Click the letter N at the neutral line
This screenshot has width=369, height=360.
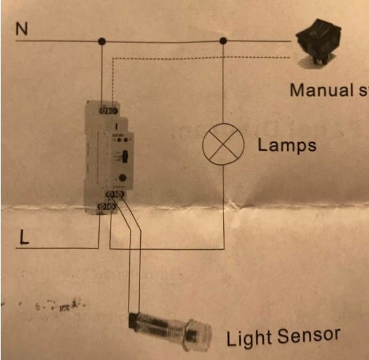click(x=22, y=28)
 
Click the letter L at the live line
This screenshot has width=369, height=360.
click(x=23, y=238)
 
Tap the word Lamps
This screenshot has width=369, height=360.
click(x=287, y=146)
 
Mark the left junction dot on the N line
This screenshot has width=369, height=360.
click(x=102, y=42)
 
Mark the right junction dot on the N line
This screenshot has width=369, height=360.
click(x=223, y=42)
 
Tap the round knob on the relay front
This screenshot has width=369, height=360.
click(x=124, y=178)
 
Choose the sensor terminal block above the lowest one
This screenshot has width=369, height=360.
click(x=116, y=195)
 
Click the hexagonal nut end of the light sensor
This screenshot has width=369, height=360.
click(x=198, y=333)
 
